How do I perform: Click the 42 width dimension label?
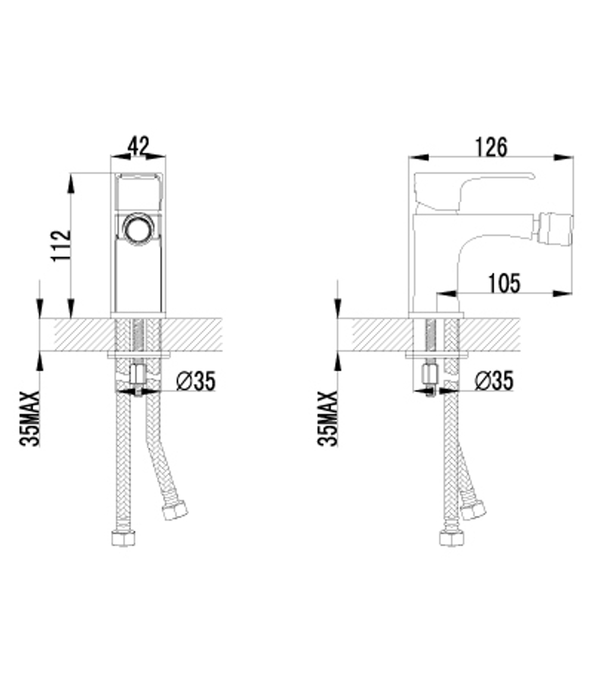tap(138, 145)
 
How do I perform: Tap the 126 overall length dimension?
tap(491, 146)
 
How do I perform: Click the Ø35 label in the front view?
tap(196, 381)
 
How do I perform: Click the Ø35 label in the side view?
tap(494, 381)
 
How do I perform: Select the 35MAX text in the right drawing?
tap(328, 418)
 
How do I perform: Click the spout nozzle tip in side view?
tap(554, 231)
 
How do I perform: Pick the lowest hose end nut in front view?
tap(123, 538)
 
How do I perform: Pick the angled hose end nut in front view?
tap(175, 510)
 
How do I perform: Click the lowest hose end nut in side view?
tap(451, 538)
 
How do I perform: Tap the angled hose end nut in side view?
tap(473, 510)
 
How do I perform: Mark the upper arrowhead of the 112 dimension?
tap(71, 181)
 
